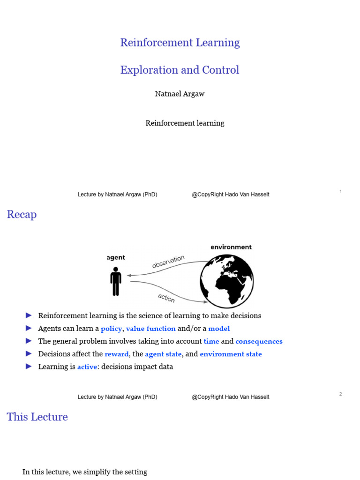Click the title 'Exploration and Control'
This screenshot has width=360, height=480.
pyautogui.click(x=180, y=70)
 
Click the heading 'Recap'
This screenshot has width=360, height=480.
pyautogui.click(x=22, y=214)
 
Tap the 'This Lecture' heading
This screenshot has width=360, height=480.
pyautogui.click(x=37, y=417)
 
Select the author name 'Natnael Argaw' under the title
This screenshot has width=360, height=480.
pyautogui.click(x=180, y=94)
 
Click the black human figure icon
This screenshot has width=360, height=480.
pyautogui.click(x=116, y=281)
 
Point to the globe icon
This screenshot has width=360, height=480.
pyautogui.click(x=227, y=281)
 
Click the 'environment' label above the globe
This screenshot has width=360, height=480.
pyautogui.click(x=231, y=247)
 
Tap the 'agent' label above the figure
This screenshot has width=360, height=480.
pyautogui.click(x=116, y=257)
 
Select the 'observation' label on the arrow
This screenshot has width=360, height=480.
pyautogui.click(x=168, y=262)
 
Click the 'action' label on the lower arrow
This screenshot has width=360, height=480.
pyautogui.click(x=166, y=298)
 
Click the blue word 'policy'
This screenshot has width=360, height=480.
pyautogui.click(x=111, y=329)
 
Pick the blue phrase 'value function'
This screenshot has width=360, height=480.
pyautogui.click(x=150, y=329)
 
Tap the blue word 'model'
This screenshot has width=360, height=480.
pyautogui.click(x=219, y=329)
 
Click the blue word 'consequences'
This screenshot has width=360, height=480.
pyautogui.click(x=259, y=341)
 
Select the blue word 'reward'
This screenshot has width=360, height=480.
pyautogui.click(x=117, y=354)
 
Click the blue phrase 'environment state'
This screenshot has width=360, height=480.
pyautogui.click(x=231, y=354)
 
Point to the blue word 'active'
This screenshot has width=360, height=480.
pyautogui.click(x=87, y=367)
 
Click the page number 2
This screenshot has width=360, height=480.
pyautogui.click(x=340, y=394)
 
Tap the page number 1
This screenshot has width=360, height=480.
pyautogui.click(x=340, y=192)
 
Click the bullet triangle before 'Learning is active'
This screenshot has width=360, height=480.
pyautogui.click(x=29, y=366)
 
